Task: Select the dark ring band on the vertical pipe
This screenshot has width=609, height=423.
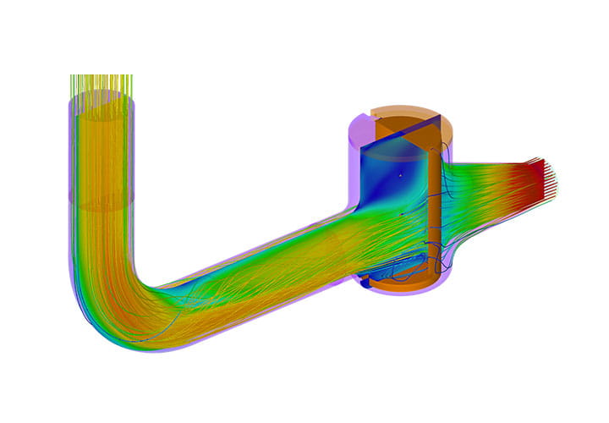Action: coord(101,204)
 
